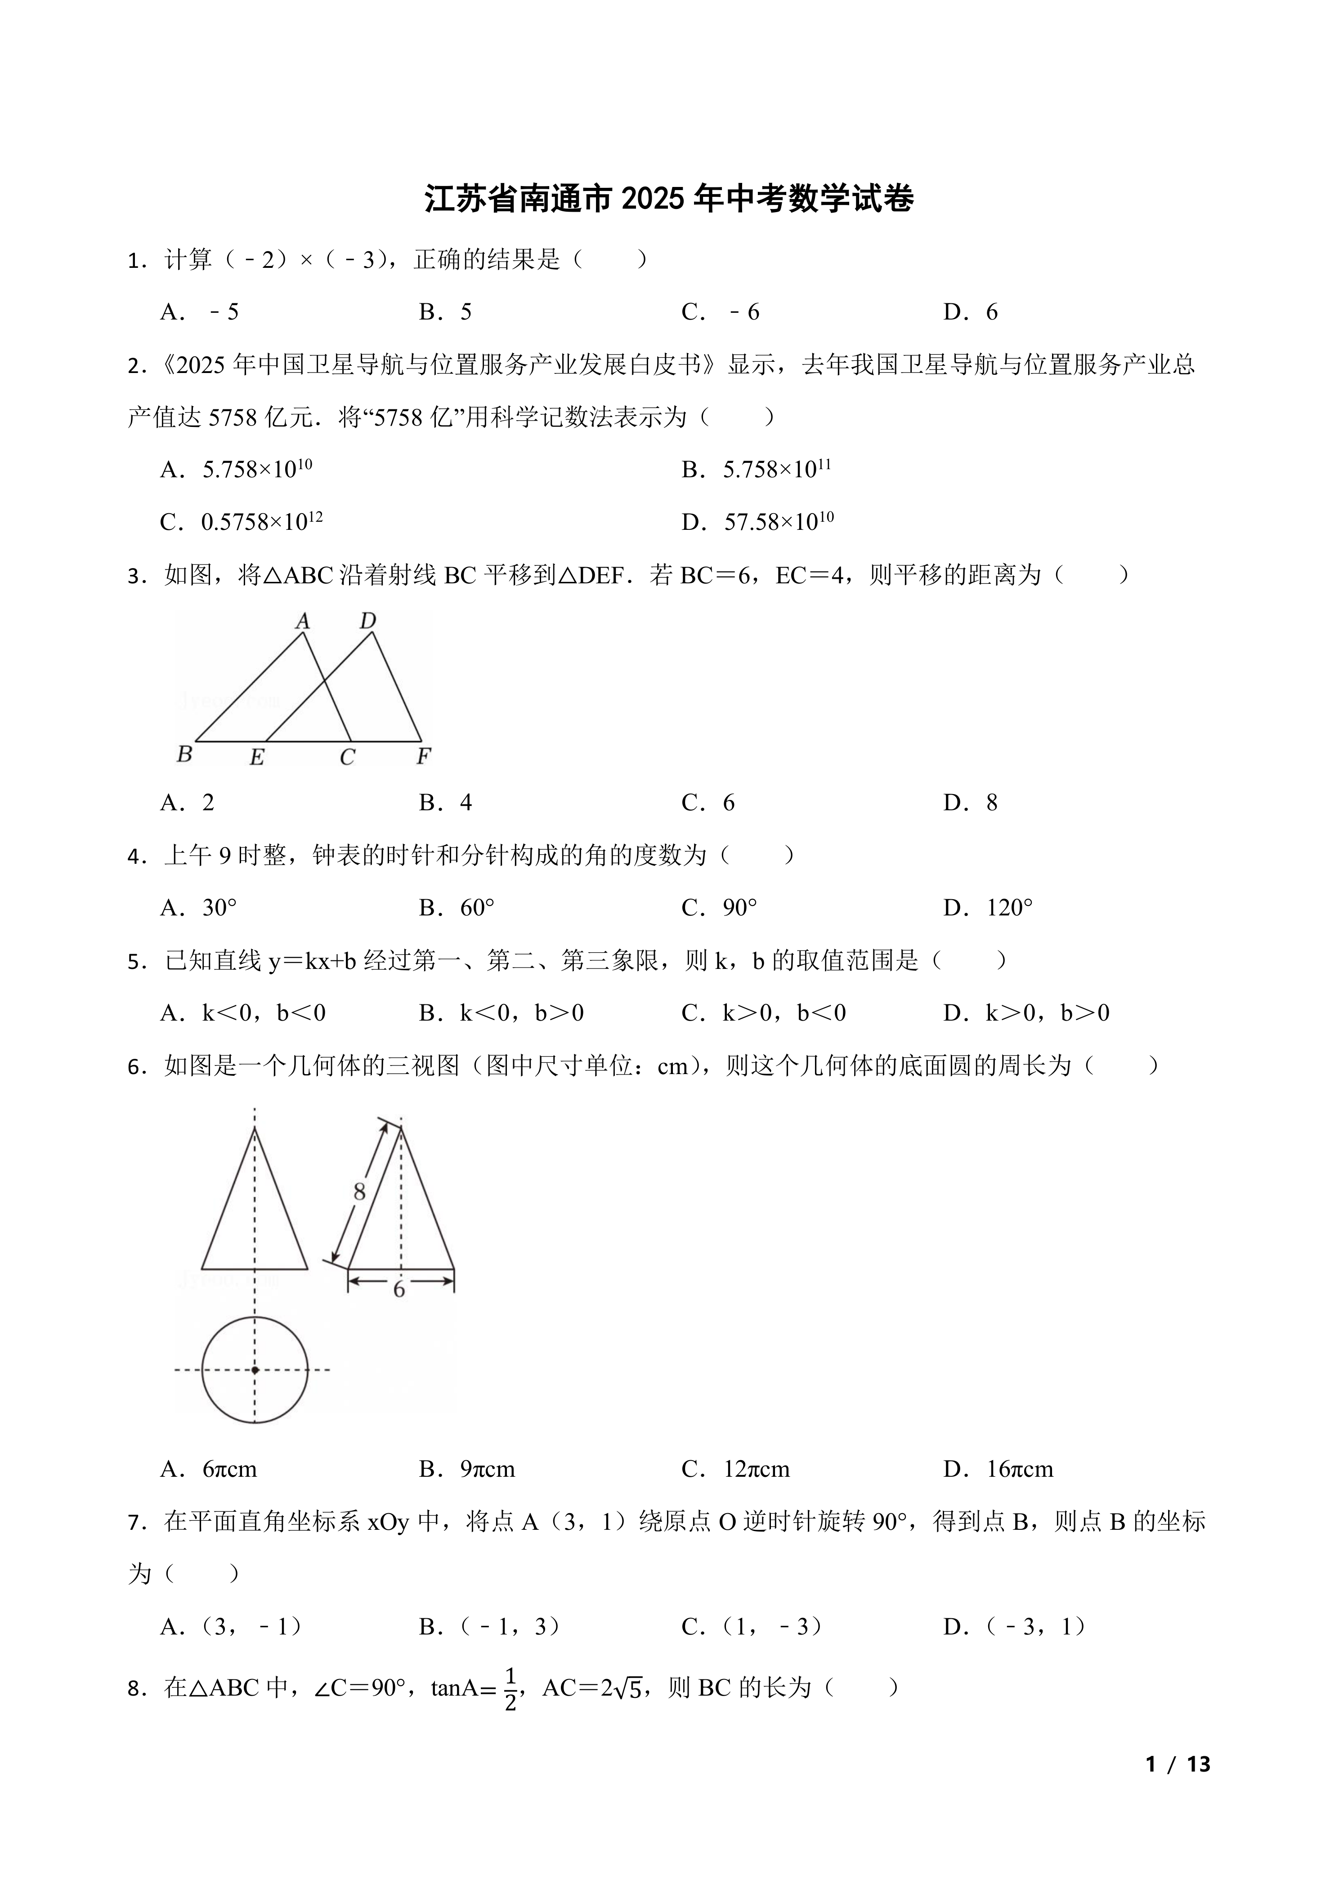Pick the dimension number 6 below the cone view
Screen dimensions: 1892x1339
point(399,1290)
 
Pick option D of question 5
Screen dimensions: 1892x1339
point(1026,1013)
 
